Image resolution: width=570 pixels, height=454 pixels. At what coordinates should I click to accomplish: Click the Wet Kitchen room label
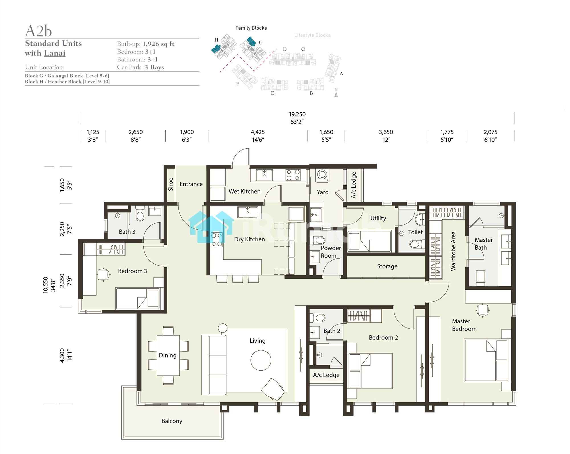pyautogui.click(x=245, y=191)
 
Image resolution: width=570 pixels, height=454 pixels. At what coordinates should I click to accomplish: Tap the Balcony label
pyautogui.click(x=172, y=421)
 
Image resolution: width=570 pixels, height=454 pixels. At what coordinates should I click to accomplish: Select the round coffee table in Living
pyautogui.click(x=261, y=360)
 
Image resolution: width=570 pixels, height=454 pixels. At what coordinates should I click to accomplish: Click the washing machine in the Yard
pyautogui.click(x=322, y=175)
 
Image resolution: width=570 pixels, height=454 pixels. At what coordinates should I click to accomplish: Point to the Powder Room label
pyautogui.click(x=331, y=252)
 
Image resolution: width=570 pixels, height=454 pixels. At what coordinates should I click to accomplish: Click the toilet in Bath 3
pyautogui.click(x=140, y=214)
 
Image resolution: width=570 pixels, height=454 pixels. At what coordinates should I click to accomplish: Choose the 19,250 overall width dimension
pyautogui.click(x=297, y=114)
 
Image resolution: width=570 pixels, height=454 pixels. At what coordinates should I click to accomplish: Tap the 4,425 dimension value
pyautogui.click(x=258, y=132)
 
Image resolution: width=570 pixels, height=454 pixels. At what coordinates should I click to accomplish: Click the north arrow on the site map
pyautogui.click(x=336, y=94)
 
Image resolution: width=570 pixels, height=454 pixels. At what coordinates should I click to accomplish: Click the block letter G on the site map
pyautogui.click(x=260, y=43)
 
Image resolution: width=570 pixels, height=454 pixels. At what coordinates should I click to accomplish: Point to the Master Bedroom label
pyautogui.click(x=464, y=325)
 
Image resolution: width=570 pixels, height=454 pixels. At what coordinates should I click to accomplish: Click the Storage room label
pyautogui.click(x=387, y=266)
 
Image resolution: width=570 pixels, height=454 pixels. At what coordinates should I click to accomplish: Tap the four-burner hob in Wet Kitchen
pyautogui.click(x=293, y=175)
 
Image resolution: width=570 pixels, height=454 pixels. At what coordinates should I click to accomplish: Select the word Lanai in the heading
pyautogui.click(x=55, y=53)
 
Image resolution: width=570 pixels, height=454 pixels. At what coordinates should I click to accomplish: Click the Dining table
pyautogui.click(x=168, y=355)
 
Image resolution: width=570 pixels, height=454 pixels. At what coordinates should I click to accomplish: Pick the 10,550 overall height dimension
pyautogui.click(x=46, y=285)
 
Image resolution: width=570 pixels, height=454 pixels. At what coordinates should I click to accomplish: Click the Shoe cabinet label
pyautogui.click(x=171, y=184)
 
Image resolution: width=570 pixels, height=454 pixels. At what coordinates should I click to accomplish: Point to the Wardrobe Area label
pyautogui.click(x=453, y=251)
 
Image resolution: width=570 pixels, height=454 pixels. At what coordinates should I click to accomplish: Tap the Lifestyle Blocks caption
pyautogui.click(x=313, y=35)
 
